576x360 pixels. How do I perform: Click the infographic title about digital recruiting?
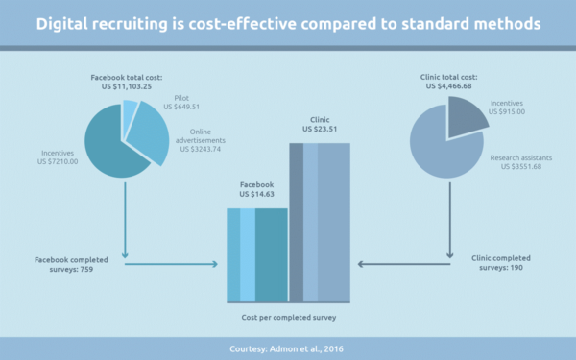(x=288, y=24)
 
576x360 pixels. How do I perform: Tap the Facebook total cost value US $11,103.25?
(x=127, y=86)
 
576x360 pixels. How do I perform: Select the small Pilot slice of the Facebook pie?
(x=130, y=110)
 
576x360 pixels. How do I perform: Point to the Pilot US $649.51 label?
(x=181, y=103)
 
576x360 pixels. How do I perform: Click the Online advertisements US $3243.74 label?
(x=201, y=140)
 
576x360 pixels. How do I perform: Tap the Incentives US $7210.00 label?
(x=58, y=157)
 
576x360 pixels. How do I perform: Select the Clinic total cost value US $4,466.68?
(x=449, y=86)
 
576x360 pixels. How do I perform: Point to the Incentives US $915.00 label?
(x=507, y=108)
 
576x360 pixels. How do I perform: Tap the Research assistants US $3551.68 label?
(x=521, y=162)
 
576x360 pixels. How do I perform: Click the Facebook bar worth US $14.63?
(x=257, y=255)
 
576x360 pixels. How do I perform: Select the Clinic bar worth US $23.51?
(x=320, y=223)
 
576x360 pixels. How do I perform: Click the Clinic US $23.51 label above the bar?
(x=320, y=124)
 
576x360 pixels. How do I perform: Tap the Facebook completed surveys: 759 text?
(x=71, y=265)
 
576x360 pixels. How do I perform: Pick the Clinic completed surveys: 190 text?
(x=501, y=263)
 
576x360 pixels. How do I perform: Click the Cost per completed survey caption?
(x=289, y=318)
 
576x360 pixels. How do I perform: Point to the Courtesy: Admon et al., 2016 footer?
(x=286, y=349)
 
